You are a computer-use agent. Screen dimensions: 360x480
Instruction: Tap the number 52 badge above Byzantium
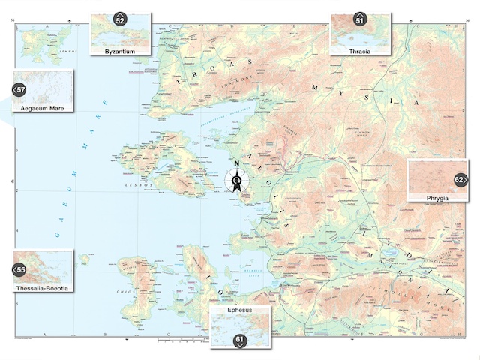(x=120, y=20)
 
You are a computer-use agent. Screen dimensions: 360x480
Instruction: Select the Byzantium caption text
(x=120, y=50)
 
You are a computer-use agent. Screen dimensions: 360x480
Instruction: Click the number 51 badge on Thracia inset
(x=360, y=20)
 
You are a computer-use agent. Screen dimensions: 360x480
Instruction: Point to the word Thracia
(x=360, y=50)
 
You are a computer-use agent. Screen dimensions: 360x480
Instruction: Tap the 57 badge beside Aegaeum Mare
(x=20, y=90)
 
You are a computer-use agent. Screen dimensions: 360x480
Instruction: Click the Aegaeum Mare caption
(x=42, y=109)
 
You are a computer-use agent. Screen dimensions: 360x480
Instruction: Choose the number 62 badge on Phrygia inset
(x=460, y=180)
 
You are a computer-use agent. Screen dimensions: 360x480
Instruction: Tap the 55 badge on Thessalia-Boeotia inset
(x=20, y=269)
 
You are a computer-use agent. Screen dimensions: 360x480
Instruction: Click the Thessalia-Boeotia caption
(x=42, y=288)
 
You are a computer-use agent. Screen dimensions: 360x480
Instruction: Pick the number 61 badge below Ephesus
(x=240, y=340)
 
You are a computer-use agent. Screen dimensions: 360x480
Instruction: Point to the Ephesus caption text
(x=240, y=310)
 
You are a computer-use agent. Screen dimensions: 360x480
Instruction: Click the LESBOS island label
(x=141, y=184)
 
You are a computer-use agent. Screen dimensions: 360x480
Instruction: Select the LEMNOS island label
(x=70, y=51)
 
